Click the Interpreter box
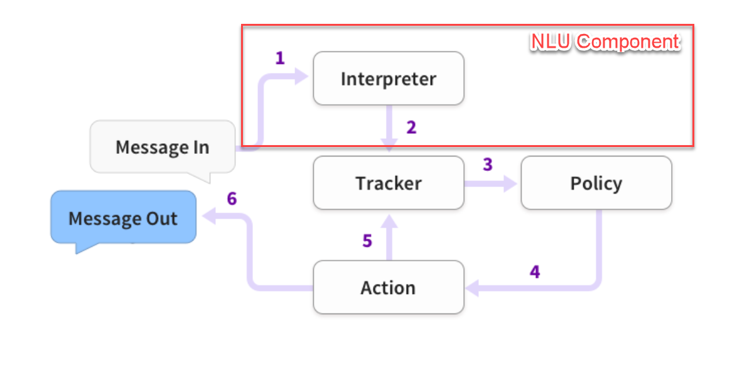click(x=389, y=79)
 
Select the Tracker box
click(x=389, y=183)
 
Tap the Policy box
click(x=596, y=183)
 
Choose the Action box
click(x=389, y=287)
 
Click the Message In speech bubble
click(x=162, y=148)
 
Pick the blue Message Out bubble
click(x=123, y=218)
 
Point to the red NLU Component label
click(x=605, y=41)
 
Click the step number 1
click(x=280, y=58)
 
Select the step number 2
click(x=411, y=128)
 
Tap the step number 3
click(x=487, y=165)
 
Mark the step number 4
click(x=534, y=271)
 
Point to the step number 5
click(x=367, y=241)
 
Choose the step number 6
click(x=232, y=199)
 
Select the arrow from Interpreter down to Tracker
click(x=390, y=129)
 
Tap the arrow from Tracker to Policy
click(x=490, y=183)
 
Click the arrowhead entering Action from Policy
click(x=472, y=288)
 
